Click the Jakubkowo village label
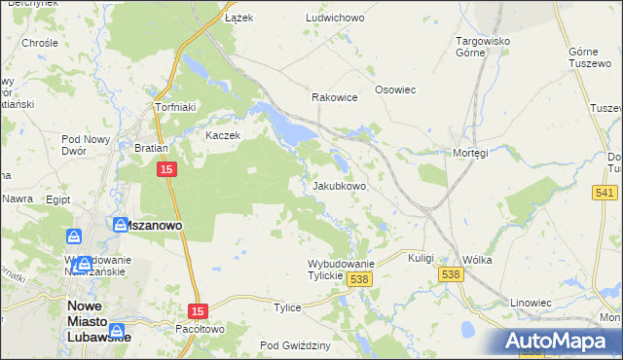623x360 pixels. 339,185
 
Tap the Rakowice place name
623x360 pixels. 334,97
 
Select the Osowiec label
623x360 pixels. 395,90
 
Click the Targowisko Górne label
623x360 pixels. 484,47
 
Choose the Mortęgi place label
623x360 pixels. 470,153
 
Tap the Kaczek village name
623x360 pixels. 222,135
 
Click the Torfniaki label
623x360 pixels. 176,107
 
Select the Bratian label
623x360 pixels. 152,149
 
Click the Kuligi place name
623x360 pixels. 421,258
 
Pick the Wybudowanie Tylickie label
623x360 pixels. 341,270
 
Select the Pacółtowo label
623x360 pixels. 201,329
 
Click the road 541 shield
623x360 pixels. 602,194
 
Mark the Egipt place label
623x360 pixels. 57,198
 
